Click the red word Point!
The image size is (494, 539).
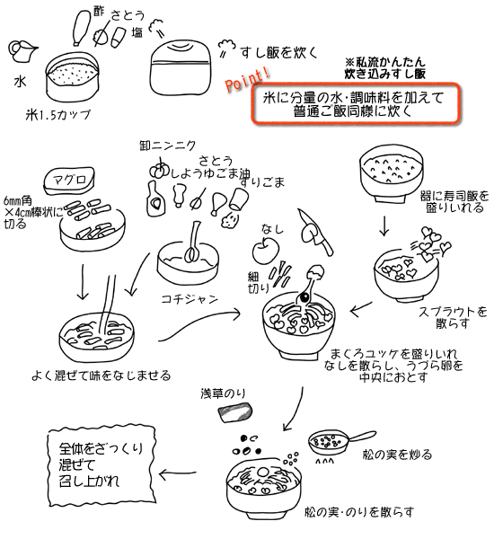[x=247, y=79]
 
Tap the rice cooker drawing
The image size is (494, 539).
[x=181, y=67]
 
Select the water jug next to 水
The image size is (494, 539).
[x=22, y=52]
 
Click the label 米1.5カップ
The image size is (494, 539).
[x=58, y=115]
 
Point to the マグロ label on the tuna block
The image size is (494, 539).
[x=69, y=179]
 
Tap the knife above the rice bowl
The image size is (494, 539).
[x=315, y=232]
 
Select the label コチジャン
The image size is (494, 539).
[x=190, y=299]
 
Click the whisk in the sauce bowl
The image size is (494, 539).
[x=192, y=243]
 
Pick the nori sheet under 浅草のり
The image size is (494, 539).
[x=235, y=412]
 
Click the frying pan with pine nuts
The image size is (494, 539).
[x=340, y=442]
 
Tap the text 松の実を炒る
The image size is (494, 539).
[x=397, y=455]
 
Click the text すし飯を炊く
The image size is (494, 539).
[x=278, y=53]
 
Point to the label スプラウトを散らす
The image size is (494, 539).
[x=453, y=317]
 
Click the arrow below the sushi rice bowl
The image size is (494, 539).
[x=384, y=225]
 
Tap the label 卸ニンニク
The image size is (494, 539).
[x=168, y=146]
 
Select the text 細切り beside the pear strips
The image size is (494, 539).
[x=253, y=283]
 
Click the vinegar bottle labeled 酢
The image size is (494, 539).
[x=83, y=28]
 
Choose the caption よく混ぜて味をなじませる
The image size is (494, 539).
[x=101, y=375]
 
